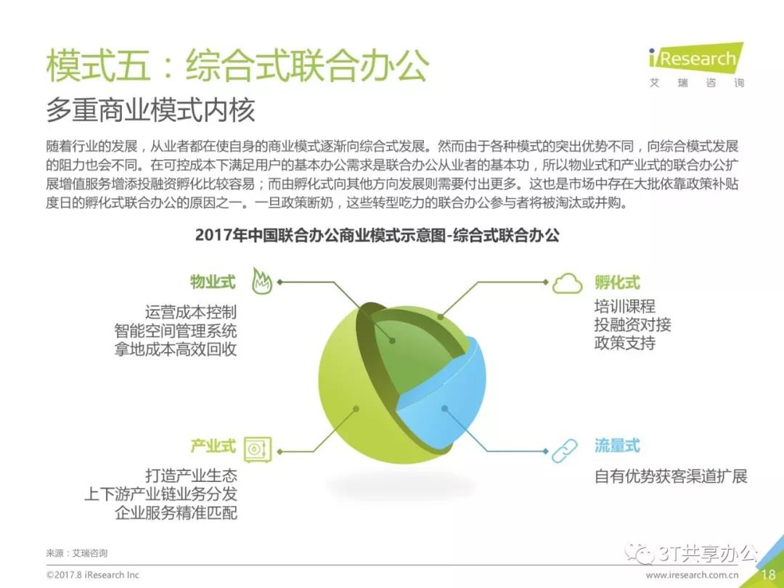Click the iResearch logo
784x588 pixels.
(x=696, y=65)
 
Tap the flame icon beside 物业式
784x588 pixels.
(x=261, y=281)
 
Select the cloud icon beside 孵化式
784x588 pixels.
(x=567, y=283)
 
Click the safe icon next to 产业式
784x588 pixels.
(x=258, y=449)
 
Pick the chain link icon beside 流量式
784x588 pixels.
(x=565, y=451)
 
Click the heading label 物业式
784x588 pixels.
(x=213, y=282)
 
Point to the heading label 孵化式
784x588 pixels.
(x=617, y=282)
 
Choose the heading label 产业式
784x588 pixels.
(x=213, y=446)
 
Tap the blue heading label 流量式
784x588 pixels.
(x=617, y=445)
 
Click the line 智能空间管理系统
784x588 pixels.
(x=176, y=330)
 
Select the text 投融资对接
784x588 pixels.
(x=632, y=324)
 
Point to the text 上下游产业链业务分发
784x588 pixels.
(x=160, y=494)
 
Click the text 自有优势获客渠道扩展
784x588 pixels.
(x=671, y=476)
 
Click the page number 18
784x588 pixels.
(x=769, y=576)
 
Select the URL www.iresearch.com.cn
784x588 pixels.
(x=692, y=575)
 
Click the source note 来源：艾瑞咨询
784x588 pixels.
(x=76, y=553)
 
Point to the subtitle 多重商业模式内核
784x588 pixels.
(x=150, y=110)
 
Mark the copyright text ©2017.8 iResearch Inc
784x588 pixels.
(x=92, y=575)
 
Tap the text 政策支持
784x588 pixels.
(x=625, y=343)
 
